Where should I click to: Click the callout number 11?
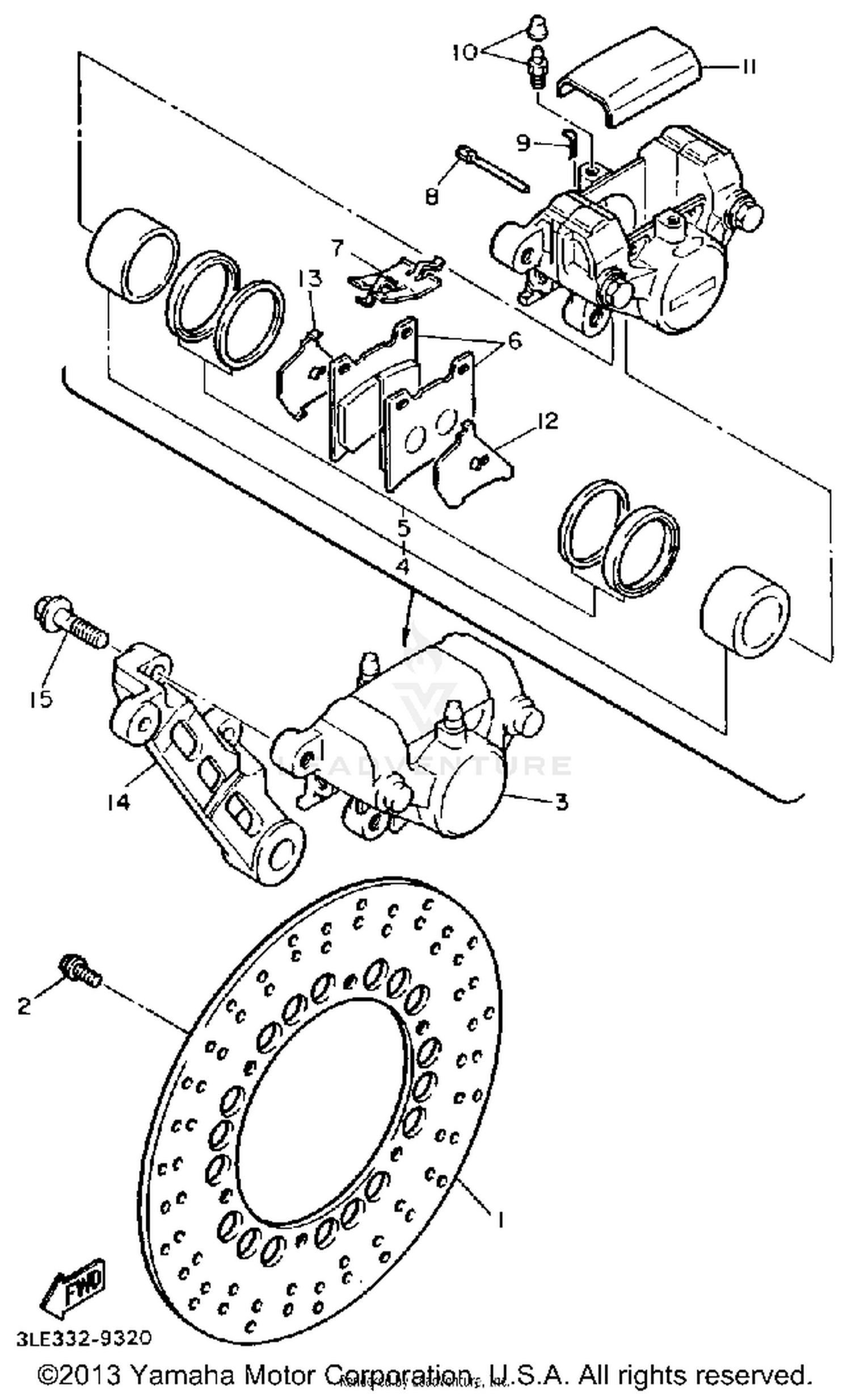pyautogui.click(x=748, y=67)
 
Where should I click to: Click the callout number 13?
pyautogui.click(x=311, y=279)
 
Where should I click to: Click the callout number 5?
pyautogui.click(x=403, y=528)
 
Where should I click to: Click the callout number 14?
pyautogui.click(x=118, y=801)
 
